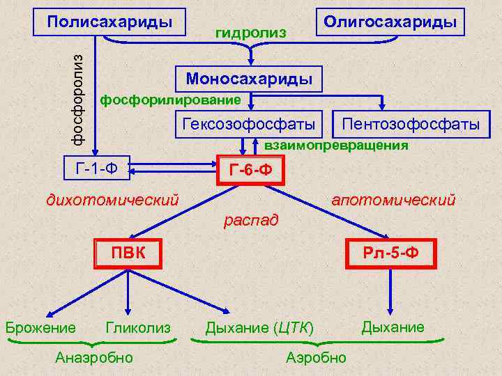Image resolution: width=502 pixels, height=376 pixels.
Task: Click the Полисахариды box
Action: [x=110, y=21]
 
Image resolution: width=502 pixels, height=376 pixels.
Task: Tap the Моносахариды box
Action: [x=249, y=78]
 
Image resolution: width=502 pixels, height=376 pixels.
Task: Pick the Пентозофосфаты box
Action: [x=409, y=125]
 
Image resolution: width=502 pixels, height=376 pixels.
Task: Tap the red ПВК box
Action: [x=129, y=252]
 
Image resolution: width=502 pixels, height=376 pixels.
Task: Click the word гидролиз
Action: [x=250, y=32]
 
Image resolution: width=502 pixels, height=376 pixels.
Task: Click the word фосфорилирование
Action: [x=171, y=100]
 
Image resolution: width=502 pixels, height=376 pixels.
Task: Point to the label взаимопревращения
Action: [x=336, y=146]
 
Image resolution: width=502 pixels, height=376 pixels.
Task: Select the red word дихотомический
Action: [x=112, y=201]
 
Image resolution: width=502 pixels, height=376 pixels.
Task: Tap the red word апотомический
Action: [x=393, y=201]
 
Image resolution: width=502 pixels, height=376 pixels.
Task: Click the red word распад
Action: [x=250, y=221]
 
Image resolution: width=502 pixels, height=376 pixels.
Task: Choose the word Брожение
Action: [x=40, y=327]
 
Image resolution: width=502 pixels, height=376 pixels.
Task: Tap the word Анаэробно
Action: [x=94, y=357]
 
